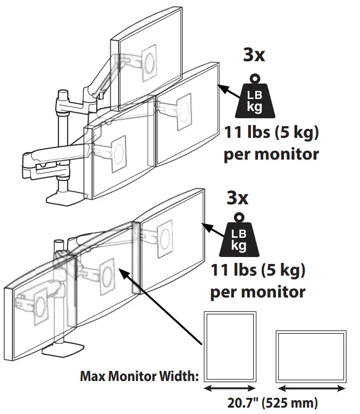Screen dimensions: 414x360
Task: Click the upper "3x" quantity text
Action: click(254, 55)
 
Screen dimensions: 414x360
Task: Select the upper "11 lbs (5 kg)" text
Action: click(272, 133)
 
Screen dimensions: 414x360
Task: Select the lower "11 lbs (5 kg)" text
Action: click(258, 272)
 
